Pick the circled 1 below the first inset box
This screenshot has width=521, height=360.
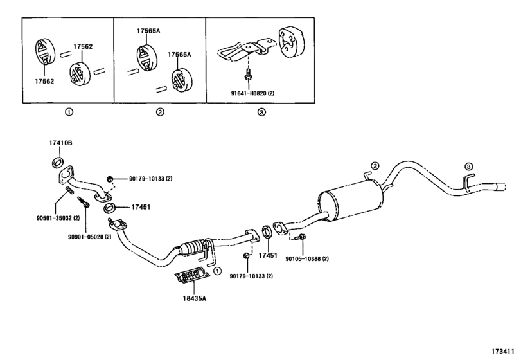click(x=69, y=112)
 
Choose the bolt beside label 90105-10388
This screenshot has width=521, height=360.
click(x=301, y=239)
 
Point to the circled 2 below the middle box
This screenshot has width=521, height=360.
click(x=159, y=112)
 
